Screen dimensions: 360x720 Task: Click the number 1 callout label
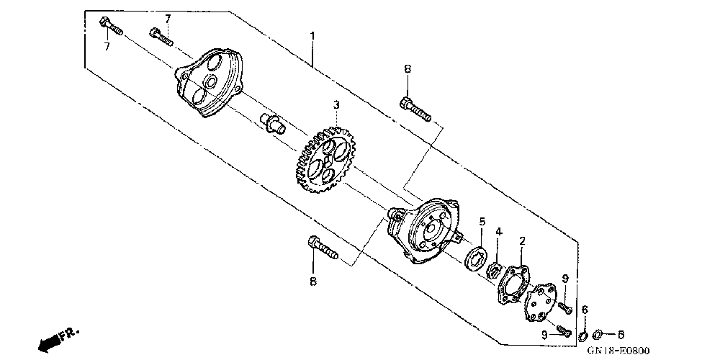click(312, 35)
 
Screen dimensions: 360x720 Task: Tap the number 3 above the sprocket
click(336, 105)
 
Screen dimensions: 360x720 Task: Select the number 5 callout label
click(482, 222)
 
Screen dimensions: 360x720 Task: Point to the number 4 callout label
click(498, 232)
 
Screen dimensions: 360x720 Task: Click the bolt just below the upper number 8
click(413, 108)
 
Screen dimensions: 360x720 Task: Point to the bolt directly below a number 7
click(162, 35)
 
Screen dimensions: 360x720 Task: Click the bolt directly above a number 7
click(110, 27)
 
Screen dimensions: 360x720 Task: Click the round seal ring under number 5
click(476, 258)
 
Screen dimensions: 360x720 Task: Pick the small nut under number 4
click(495, 271)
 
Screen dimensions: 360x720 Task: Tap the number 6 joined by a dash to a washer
click(621, 334)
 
